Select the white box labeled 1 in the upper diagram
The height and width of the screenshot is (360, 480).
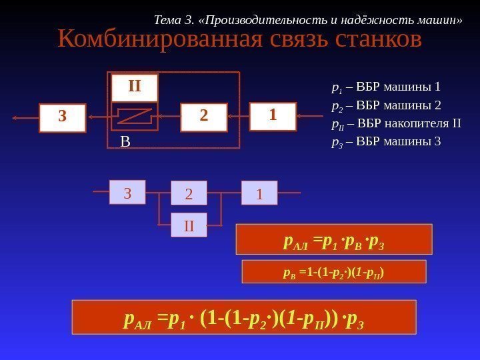pos(272,116)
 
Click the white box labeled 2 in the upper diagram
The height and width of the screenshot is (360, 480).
pos(204,116)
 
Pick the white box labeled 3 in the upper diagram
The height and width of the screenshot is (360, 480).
pos(63,117)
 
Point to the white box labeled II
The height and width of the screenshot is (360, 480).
pos(135,87)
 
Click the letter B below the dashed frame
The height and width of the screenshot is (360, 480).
pos(125,141)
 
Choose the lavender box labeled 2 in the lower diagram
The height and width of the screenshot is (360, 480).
pos(189,194)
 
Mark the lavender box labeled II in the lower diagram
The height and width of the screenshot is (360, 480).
pos(189,225)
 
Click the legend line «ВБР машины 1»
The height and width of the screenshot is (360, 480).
pos(387,87)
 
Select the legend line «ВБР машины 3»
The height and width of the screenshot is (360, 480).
pos(387,141)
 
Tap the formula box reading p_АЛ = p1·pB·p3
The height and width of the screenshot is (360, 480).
pos(334,239)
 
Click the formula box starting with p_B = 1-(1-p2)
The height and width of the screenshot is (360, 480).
pos(333,271)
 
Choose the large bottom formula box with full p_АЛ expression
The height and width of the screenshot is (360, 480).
pos(244,317)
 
